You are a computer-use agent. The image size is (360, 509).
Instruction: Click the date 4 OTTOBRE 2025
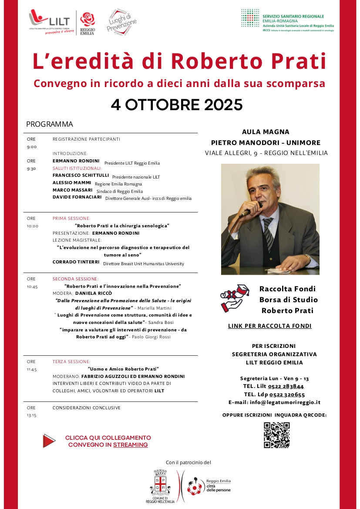click(176, 105)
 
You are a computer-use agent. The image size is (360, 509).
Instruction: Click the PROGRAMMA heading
click(49, 124)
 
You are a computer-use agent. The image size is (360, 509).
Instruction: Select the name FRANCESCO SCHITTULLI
click(81, 175)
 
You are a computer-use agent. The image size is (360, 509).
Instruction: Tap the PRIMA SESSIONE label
click(71, 218)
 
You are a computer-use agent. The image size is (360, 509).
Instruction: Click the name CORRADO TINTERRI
click(76, 262)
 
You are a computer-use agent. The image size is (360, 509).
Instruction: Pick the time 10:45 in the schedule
click(33, 287)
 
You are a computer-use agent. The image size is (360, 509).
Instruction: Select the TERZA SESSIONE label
click(71, 361)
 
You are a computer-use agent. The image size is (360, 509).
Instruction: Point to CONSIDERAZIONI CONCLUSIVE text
click(86, 408)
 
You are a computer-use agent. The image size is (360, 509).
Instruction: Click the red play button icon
click(49, 441)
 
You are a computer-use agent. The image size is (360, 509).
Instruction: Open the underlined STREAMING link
click(130, 445)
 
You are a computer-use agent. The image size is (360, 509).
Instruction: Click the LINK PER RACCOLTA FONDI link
click(269, 326)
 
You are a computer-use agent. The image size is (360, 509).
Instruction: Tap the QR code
click(277, 435)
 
